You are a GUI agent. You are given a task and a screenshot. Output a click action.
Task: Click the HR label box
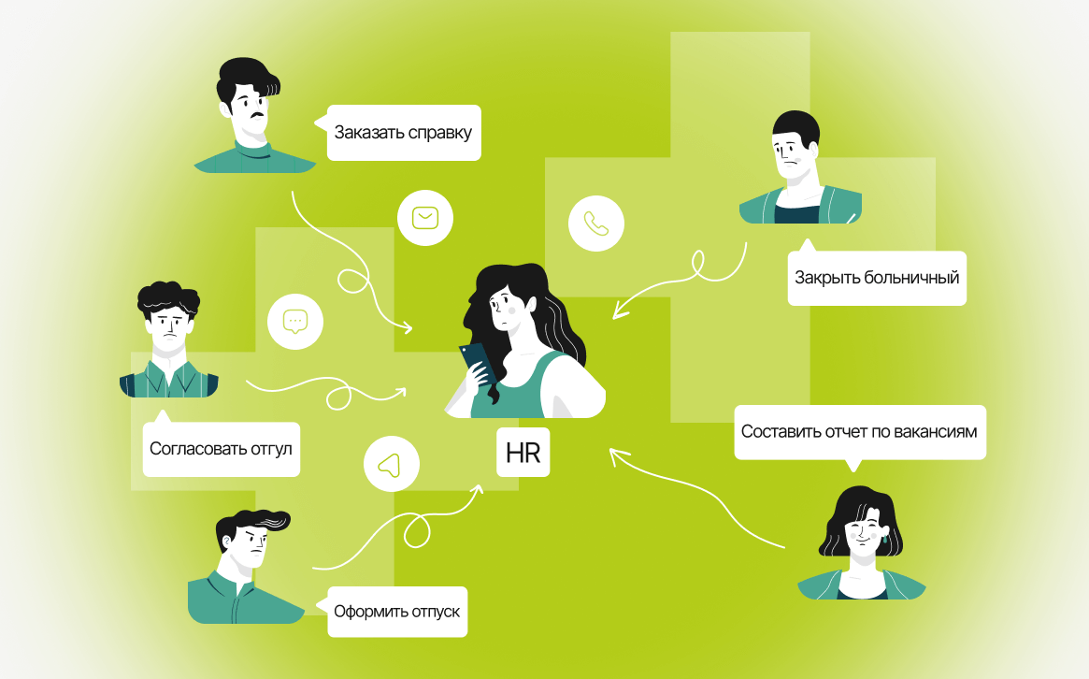point(523,453)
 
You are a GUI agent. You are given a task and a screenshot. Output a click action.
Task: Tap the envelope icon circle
point(425,218)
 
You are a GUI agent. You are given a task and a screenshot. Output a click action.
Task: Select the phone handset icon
point(595,224)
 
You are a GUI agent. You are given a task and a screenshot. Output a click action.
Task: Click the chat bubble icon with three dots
point(294,322)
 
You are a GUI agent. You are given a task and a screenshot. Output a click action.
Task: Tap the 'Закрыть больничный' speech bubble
point(876,278)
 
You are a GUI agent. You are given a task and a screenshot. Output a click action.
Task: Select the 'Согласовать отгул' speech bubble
point(221,449)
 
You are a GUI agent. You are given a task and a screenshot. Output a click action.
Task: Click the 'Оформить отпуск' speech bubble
point(396,612)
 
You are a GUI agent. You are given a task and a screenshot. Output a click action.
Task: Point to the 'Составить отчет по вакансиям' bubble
point(859,432)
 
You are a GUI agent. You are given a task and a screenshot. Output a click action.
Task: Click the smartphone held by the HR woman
point(474,361)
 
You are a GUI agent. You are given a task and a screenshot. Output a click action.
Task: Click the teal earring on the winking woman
point(884,541)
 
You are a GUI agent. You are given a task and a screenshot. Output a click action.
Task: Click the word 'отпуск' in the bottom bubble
point(436,612)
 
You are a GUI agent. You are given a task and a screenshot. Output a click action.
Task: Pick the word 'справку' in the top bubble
point(439,132)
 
